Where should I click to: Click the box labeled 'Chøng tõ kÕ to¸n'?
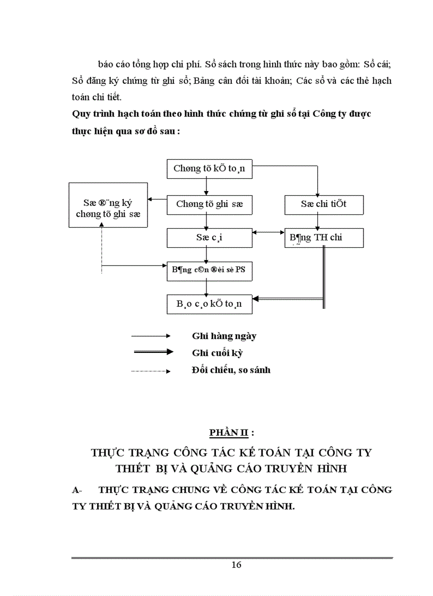tap(209, 169)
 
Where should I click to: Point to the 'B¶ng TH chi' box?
tap(324, 237)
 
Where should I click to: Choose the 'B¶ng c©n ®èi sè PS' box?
tap(209, 271)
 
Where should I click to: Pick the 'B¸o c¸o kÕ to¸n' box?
tap(209, 304)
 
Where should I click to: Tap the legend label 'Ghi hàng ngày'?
tap(224, 336)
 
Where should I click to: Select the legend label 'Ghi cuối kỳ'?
tap(217, 352)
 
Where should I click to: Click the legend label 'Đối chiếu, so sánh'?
tap(231, 370)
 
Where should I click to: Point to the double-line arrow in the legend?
tap(151, 352)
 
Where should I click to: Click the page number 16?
tap(236, 565)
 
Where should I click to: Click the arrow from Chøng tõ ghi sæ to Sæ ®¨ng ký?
tap(157, 200)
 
